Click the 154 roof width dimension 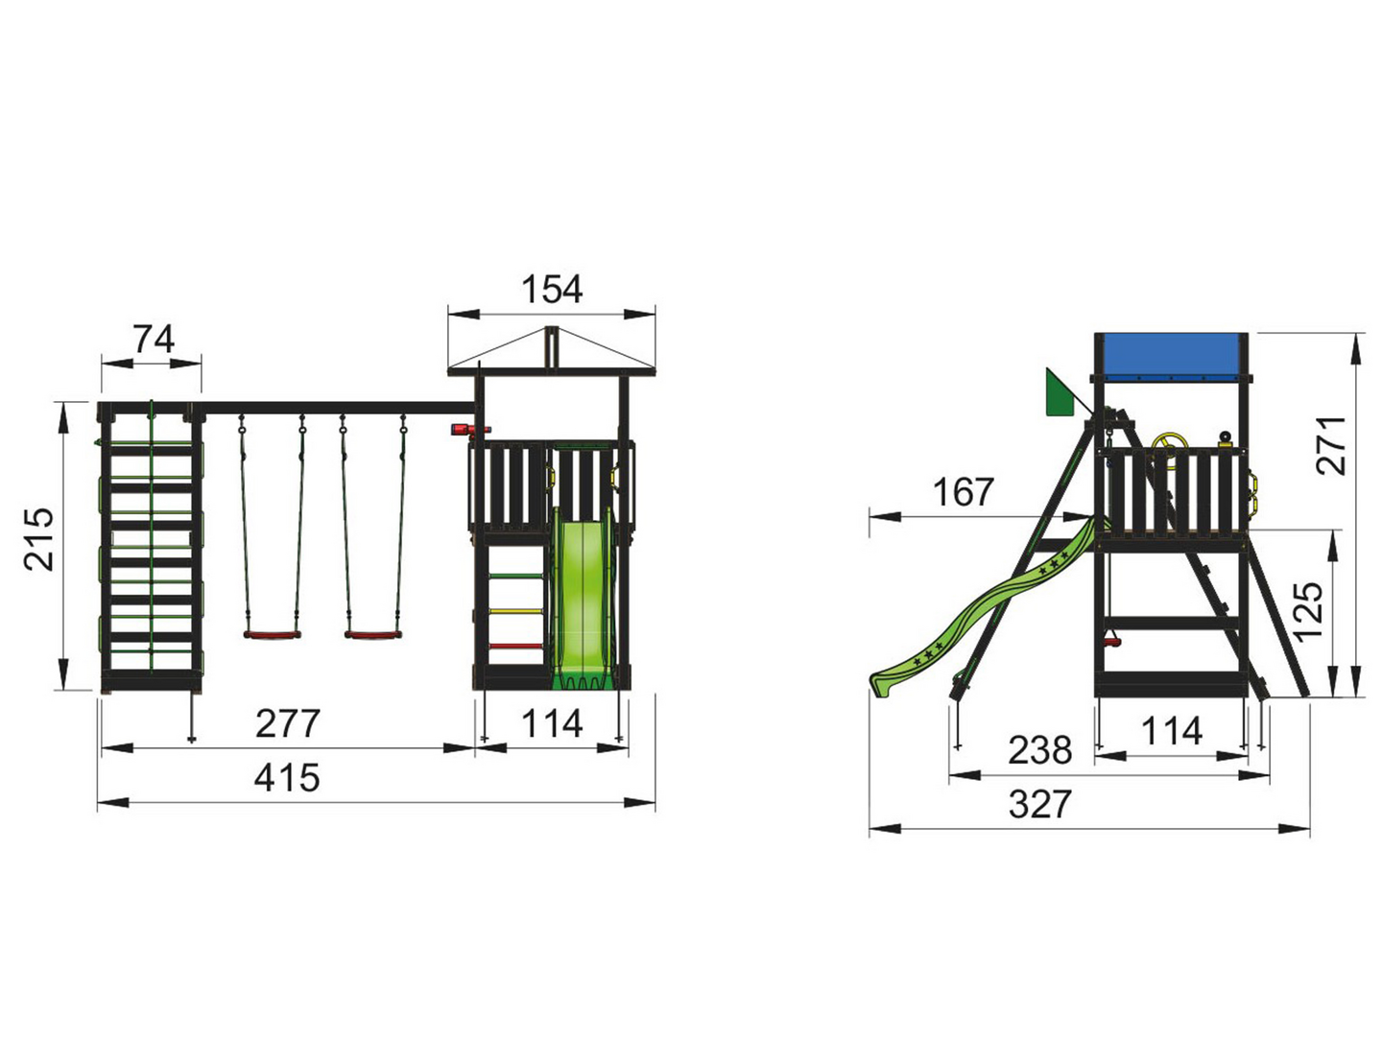(x=552, y=289)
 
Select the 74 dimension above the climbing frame (x=154, y=339)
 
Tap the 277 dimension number (x=288, y=723)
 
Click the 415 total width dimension (x=287, y=778)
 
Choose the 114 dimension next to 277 (x=552, y=723)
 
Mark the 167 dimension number (x=963, y=492)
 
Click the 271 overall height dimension (x=1331, y=444)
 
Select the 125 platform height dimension (x=1309, y=611)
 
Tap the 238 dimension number (x=1039, y=749)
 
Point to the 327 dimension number (x=1040, y=804)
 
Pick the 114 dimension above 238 (x=1172, y=731)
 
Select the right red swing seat (x=371, y=634)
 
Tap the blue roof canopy (x=1172, y=356)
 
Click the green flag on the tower (x=1059, y=394)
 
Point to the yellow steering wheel (x=1171, y=442)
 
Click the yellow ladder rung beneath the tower (x=516, y=611)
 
